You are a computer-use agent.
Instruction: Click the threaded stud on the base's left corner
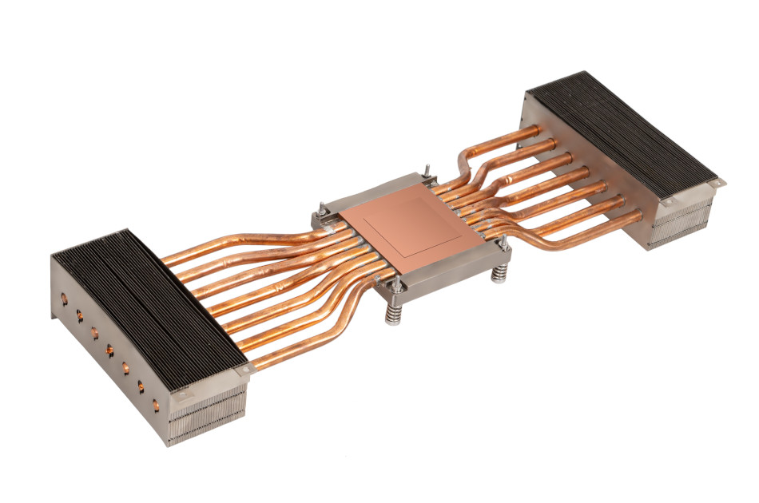point(320,209)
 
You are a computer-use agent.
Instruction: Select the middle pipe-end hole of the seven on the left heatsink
point(109,349)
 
